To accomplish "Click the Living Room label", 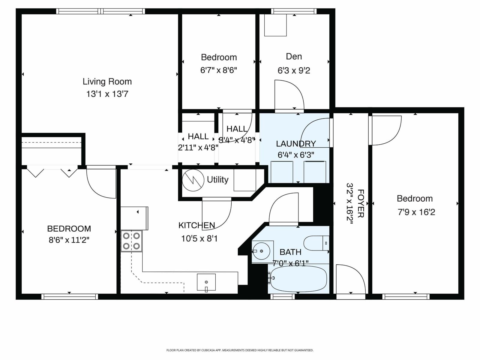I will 107,82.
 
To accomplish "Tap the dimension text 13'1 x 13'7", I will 107,94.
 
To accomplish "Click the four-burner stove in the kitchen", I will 131,241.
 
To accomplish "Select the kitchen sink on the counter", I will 206,282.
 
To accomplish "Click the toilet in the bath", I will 316,243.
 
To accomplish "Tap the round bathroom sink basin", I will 261,251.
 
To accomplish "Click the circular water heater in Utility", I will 193,180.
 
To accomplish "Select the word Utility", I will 217,180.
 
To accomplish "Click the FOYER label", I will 361,203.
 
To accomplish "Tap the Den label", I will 294,56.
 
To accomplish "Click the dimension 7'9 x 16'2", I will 416,212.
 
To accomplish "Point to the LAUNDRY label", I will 296,144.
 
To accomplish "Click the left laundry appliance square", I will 282,172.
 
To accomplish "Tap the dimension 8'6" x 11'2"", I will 69,240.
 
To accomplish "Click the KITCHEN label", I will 196,225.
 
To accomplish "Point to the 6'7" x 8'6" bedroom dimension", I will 219,70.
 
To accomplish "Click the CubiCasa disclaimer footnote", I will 240,350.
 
